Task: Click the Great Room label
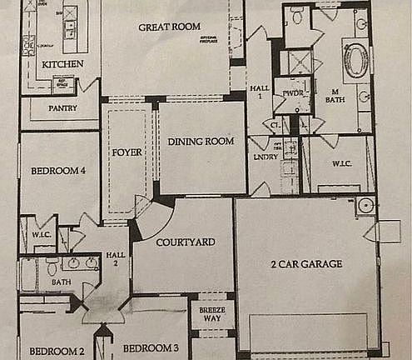point(169,27)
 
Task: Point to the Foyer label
point(126,153)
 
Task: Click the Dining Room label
point(198,142)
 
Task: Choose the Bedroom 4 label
point(58,172)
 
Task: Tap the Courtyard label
point(186,242)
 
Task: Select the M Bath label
point(334,97)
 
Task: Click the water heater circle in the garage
point(364,205)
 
